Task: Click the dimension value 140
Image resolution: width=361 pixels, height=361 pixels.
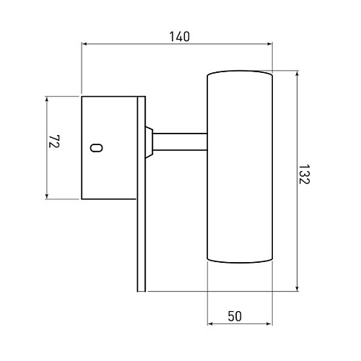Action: (180, 37)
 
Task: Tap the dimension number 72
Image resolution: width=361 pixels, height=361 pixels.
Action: (54, 142)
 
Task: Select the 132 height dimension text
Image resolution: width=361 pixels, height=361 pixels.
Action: (304, 174)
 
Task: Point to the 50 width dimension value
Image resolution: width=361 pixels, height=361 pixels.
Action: (235, 316)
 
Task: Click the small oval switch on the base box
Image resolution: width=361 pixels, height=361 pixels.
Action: (96, 147)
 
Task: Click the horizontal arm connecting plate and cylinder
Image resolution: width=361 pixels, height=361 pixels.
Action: (180, 142)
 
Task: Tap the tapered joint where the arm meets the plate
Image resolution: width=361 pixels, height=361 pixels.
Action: (149, 142)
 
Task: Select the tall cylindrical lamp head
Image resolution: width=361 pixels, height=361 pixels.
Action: (240, 167)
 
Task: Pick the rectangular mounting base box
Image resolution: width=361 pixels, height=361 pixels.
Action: (109, 148)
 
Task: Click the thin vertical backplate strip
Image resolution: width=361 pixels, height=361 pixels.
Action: (142, 194)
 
